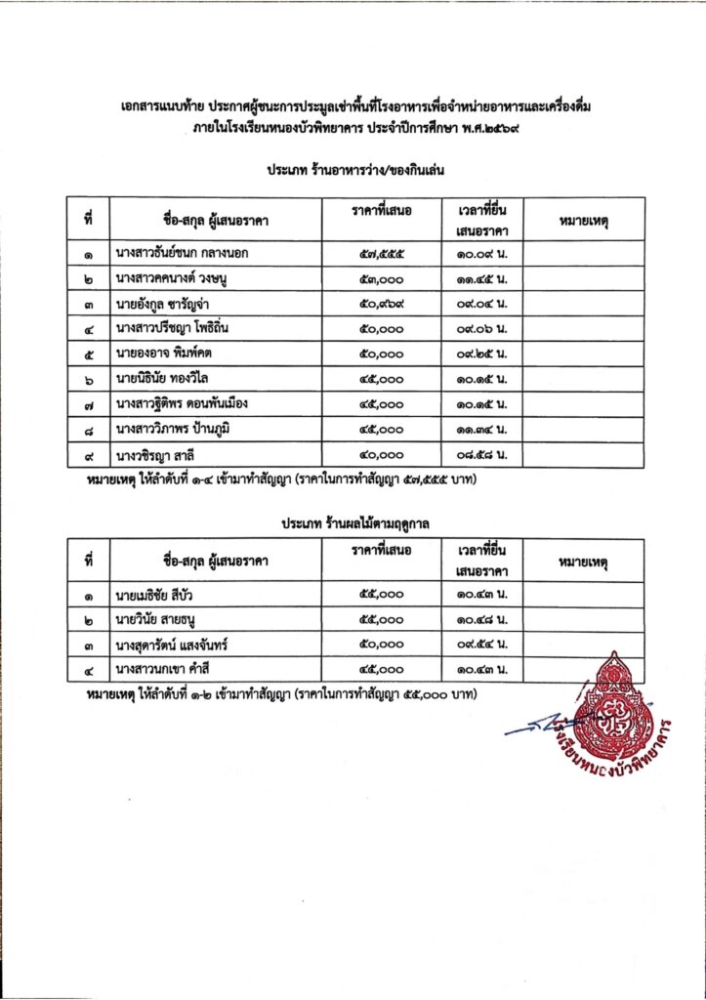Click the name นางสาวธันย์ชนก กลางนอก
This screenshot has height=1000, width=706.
click(x=181, y=253)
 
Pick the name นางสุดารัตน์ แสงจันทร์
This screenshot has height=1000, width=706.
click(x=177, y=645)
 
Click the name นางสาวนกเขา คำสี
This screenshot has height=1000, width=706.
click(x=167, y=669)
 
